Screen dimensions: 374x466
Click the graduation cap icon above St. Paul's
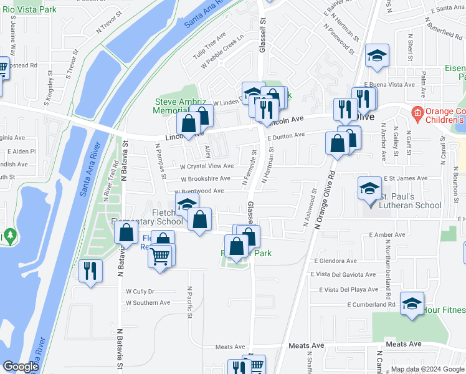point(369,188)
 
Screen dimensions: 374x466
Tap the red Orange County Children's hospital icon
point(417,113)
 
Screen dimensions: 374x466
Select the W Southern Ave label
point(148,303)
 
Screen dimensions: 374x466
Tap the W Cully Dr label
point(140,291)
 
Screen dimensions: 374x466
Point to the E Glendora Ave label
point(336,261)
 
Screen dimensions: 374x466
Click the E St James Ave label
point(405,178)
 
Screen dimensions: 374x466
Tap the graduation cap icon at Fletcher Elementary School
point(186,204)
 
